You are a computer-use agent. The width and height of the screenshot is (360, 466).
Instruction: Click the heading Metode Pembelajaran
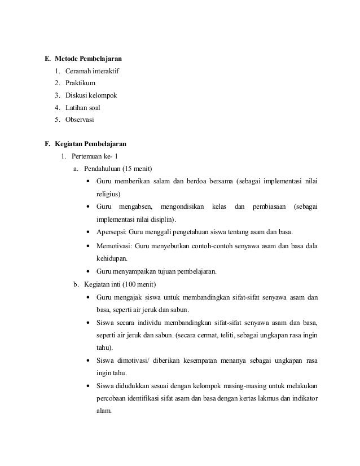pyautogui.click(x=89, y=58)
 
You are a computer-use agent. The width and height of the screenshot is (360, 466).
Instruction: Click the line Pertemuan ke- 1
pyautogui.click(x=95, y=156)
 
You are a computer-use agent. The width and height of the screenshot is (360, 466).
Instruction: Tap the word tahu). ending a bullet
pyautogui.click(x=104, y=347)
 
